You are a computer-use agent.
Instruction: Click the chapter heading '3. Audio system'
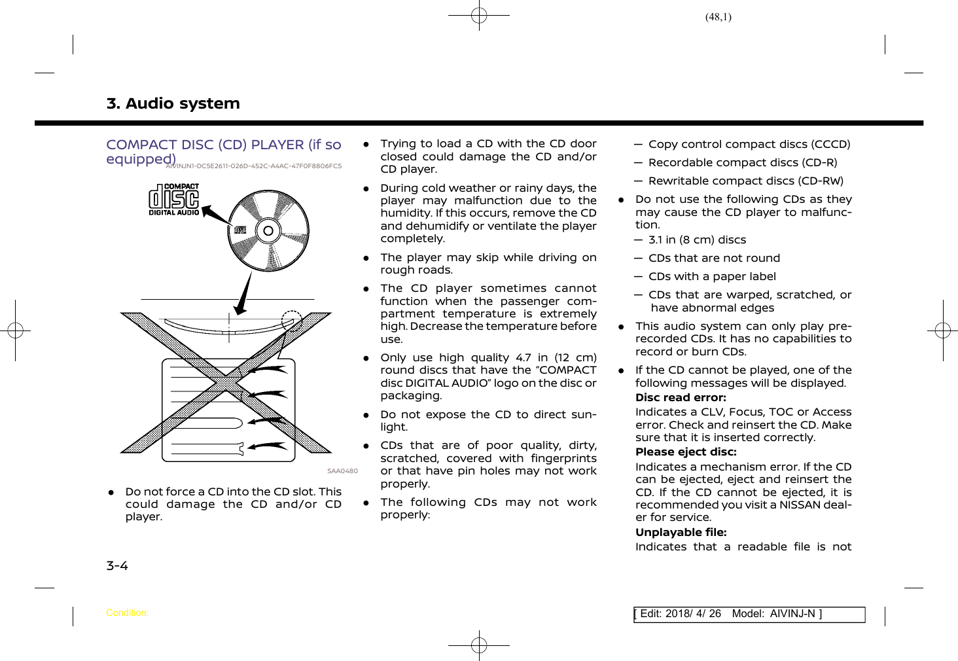(x=173, y=103)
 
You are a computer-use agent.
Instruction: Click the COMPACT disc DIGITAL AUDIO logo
(x=173, y=200)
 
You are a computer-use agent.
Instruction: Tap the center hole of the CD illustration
(x=268, y=230)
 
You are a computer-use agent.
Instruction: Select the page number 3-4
(x=117, y=565)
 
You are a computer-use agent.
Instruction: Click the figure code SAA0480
(x=342, y=471)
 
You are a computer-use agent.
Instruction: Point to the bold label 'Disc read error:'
(x=681, y=397)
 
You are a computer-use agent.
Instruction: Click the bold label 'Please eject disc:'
(x=686, y=452)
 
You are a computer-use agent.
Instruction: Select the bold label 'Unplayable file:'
(x=681, y=532)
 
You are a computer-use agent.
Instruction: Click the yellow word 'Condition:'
(x=127, y=613)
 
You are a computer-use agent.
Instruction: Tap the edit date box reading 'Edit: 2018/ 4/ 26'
(x=681, y=614)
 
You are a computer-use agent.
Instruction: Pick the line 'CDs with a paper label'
(x=712, y=276)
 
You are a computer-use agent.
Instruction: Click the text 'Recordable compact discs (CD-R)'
(x=743, y=162)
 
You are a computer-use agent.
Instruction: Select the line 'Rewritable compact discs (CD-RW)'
(x=746, y=181)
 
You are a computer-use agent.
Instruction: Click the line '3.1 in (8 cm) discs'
(x=697, y=240)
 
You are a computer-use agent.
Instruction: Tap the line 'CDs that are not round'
(x=714, y=258)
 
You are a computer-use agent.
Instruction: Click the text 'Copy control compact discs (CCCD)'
(x=749, y=144)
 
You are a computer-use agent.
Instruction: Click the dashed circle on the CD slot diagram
(x=292, y=321)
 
